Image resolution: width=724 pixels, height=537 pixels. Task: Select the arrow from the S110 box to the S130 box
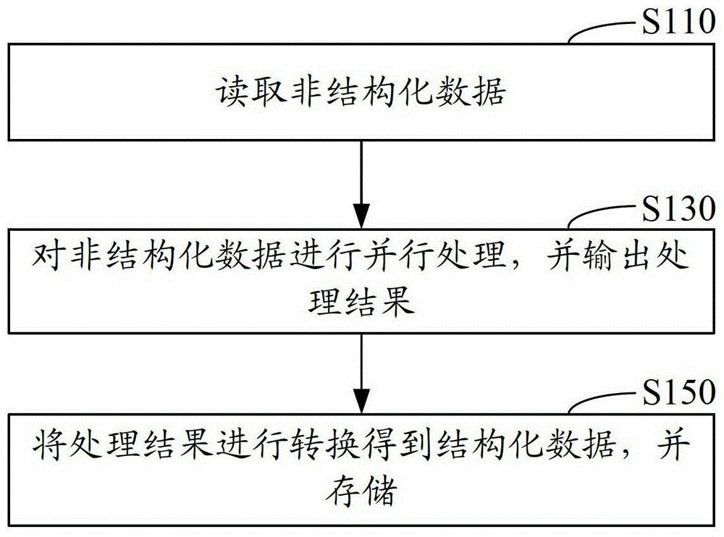[x=361, y=184]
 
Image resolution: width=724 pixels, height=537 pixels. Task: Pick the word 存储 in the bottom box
[x=361, y=491]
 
